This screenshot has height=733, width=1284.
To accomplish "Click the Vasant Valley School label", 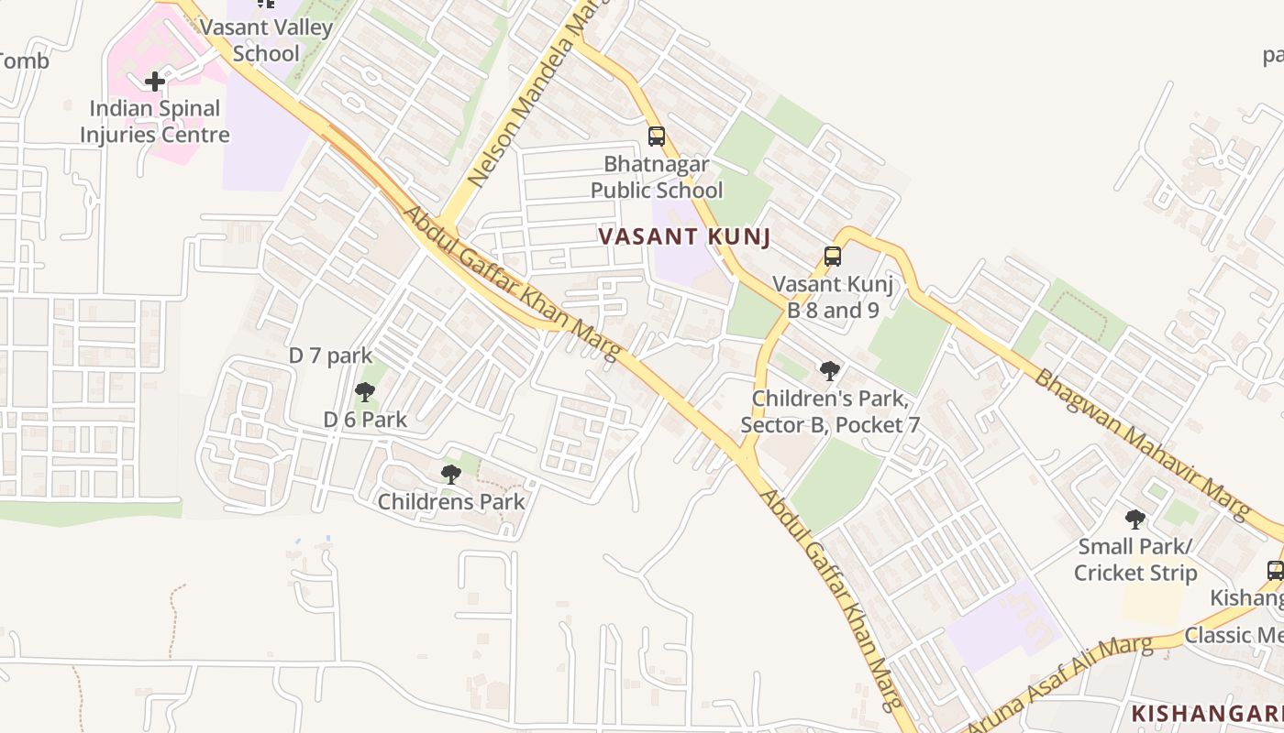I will click(266, 40).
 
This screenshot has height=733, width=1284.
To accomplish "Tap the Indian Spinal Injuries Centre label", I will click(154, 121).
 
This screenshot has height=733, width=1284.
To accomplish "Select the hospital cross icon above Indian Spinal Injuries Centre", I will click(155, 82).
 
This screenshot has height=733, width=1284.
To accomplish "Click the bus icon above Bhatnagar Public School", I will click(656, 137).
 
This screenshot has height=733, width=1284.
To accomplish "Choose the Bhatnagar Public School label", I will click(656, 178).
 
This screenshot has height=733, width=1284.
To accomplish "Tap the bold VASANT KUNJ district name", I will click(683, 236).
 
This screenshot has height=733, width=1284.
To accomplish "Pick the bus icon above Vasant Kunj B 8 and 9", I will click(832, 257).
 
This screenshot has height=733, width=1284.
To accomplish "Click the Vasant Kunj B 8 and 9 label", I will click(833, 297).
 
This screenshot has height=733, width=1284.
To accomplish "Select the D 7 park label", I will click(330, 356).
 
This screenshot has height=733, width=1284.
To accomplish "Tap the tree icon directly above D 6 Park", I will click(364, 393).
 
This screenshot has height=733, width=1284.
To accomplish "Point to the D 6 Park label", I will click(365, 420).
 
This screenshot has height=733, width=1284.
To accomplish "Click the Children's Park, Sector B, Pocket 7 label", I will click(829, 412).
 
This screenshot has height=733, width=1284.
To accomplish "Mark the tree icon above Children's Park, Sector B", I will click(829, 371).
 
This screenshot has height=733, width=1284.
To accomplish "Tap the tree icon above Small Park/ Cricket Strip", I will click(1135, 520).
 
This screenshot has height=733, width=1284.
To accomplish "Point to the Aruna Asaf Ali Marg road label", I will click(1059, 685).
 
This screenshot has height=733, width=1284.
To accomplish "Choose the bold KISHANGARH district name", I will click(1206, 713).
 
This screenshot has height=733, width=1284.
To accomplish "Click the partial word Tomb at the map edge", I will click(24, 61).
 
